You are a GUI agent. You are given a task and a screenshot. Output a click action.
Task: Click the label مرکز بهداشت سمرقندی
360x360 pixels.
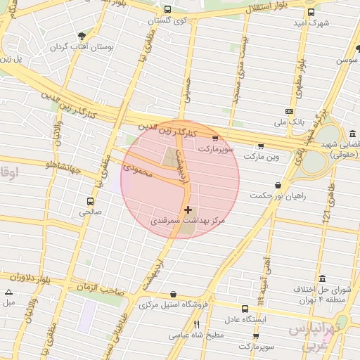[188, 221]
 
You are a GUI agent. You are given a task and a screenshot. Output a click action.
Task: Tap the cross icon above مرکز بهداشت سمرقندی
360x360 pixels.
[188, 210]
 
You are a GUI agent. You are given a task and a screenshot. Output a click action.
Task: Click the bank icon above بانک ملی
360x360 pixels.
[289, 111]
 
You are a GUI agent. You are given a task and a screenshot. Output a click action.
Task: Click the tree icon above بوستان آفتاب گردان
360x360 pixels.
[83, 35]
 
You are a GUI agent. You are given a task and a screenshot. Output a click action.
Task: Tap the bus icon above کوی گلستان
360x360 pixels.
[167, 10]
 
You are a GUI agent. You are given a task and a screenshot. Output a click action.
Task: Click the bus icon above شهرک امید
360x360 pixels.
[311, 12]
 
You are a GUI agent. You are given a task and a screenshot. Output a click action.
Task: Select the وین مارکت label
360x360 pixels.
[262, 157]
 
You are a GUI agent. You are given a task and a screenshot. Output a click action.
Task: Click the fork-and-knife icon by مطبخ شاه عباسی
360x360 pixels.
[196, 324]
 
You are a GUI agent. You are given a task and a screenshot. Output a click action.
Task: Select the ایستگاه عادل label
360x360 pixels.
[245, 319]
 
